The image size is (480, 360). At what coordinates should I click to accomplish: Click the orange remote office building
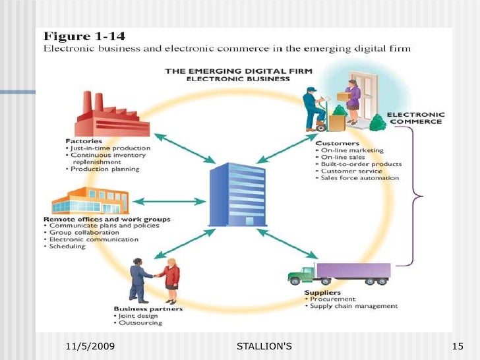[85, 200]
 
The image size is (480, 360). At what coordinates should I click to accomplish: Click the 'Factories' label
[84, 140]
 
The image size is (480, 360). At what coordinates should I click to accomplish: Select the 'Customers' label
[338, 142]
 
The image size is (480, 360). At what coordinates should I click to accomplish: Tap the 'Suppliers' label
[323, 291]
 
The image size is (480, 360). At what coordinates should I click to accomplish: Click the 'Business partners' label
[148, 309]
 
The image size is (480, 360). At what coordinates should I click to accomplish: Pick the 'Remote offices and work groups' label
[107, 219]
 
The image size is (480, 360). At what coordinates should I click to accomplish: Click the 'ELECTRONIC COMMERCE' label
[417, 118]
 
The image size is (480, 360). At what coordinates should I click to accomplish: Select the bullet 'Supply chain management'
[353, 306]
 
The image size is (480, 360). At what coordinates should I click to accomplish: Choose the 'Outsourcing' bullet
[140, 323]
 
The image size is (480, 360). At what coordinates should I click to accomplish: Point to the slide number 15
[460, 346]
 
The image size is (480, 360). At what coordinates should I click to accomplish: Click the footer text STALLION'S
[264, 346]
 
